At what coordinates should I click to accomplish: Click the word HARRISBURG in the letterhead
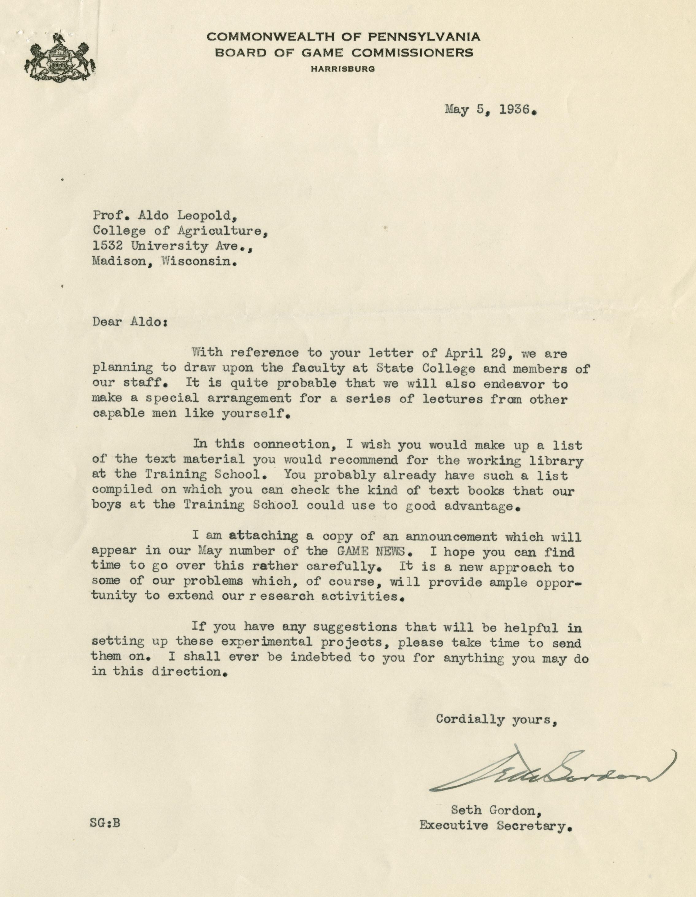coord(343,69)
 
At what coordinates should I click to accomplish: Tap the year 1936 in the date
coord(515,110)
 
